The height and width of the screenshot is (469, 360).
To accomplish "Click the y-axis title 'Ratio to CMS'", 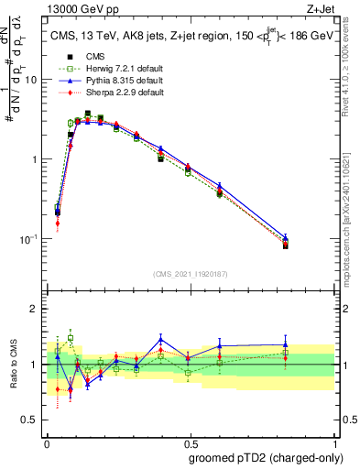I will tap(13, 365).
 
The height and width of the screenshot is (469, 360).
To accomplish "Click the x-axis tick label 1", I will tap(333, 441).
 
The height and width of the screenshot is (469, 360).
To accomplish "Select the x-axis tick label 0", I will tap(47, 441).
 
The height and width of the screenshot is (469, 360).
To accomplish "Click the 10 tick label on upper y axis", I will tap(31, 80).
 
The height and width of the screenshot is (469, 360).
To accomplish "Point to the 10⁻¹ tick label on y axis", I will tap(27, 239).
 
